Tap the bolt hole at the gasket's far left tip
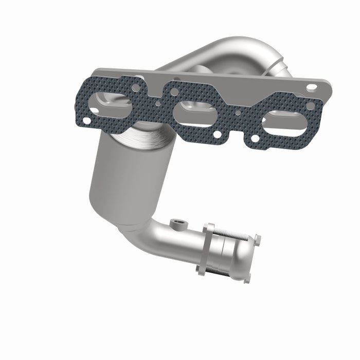(x=85, y=120)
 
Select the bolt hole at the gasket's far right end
(x=311, y=106)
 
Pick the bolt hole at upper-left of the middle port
(x=175, y=92)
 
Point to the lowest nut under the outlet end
(x=247, y=277)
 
